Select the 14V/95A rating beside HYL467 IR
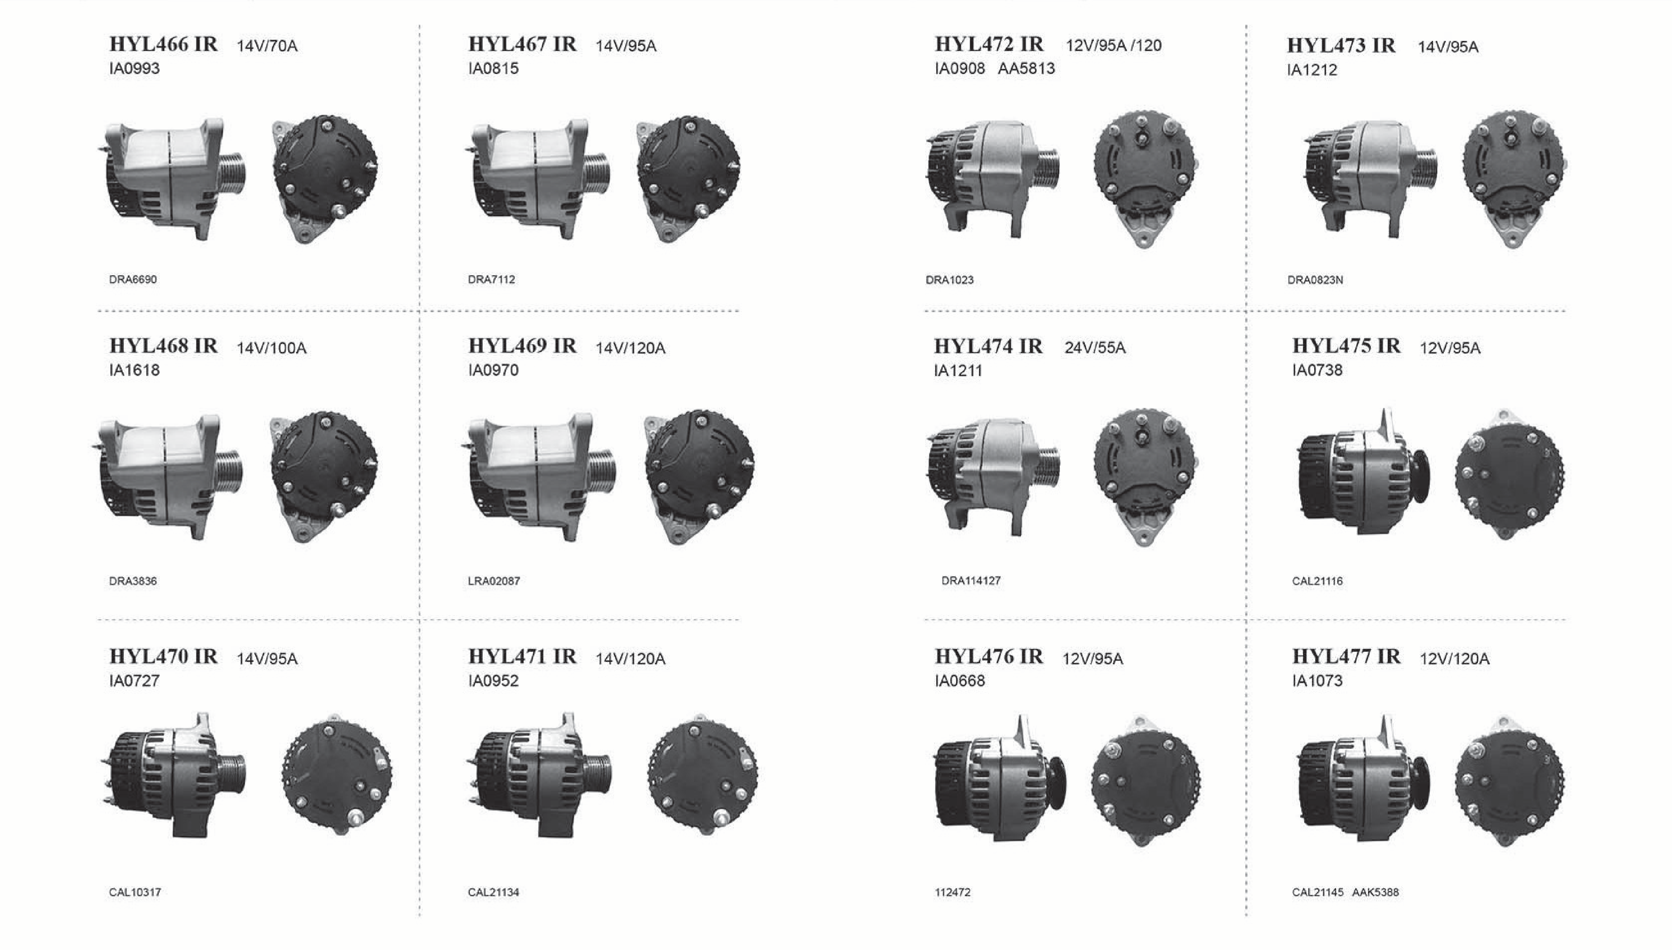pos(626,46)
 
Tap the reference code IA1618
pos(135,370)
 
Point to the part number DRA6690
pos(133,279)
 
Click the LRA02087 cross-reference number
pos(494,581)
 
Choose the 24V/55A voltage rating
pos(1095,348)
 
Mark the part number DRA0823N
pos(1315,280)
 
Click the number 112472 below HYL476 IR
pos(953,892)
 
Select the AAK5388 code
pos(1376,892)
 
